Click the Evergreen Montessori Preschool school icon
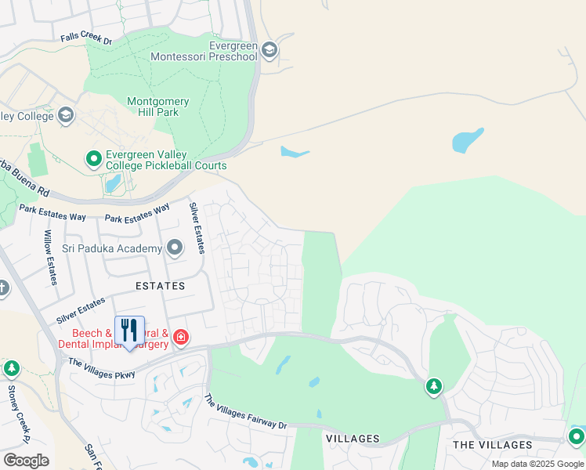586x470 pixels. click(x=269, y=51)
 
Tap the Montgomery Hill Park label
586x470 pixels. click(x=157, y=107)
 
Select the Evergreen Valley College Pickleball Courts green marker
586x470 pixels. click(x=94, y=160)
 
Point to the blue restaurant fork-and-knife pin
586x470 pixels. click(x=129, y=332)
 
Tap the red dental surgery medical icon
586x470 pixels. click(x=181, y=338)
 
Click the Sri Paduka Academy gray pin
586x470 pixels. click(x=175, y=249)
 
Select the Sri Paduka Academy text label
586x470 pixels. click(x=112, y=249)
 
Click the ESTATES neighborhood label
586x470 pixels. click(x=161, y=286)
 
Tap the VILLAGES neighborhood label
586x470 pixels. click(x=353, y=439)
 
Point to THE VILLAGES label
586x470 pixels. click(x=493, y=445)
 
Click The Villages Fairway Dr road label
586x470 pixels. click(x=245, y=413)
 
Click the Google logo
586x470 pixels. click(x=26, y=460)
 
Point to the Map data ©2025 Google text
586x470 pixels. click(x=538, y=464)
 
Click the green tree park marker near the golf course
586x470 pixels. click(x=434, y=386)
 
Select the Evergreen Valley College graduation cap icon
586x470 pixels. click(x=66, y=116)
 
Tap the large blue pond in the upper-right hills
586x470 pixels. click(x=467, y=140)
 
